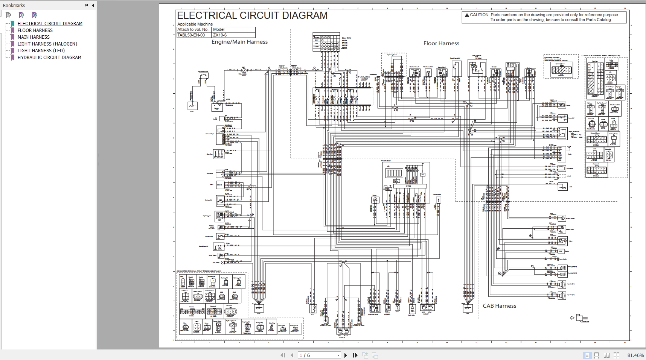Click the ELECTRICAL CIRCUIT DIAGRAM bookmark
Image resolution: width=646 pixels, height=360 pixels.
(x=50, y=24)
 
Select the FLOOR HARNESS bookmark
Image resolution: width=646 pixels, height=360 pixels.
(x=35, y=30)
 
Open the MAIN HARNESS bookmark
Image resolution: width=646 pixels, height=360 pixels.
(x=34, y=37)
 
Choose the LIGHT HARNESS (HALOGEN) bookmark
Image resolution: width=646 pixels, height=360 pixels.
(x=47, y=44)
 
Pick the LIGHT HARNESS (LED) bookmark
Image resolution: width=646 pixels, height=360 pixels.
(x=41, y=51)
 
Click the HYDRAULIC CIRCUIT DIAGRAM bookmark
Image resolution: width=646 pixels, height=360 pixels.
(x=49, y=58)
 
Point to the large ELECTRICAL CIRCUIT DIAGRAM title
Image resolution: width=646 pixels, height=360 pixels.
(x=252, y=15)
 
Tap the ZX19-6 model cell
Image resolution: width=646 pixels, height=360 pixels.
(x=220, y=35)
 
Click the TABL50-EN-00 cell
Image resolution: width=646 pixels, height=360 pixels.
(x=191, y=35)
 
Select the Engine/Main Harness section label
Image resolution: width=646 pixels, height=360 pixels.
(x=239, y=42)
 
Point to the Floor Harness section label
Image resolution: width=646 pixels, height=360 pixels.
(x=441, y=43)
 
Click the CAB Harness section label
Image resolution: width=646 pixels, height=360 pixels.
(x=499, y=306)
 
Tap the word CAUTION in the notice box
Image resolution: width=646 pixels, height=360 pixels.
(x=479, y=15)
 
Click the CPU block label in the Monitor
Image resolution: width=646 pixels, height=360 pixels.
(x=408, y=186)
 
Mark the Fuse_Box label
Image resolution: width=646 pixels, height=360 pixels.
(x=364, y=77)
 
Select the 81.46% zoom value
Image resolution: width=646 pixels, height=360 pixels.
(x=635, y=355)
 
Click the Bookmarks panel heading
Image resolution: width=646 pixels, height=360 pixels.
(x=14, y=5)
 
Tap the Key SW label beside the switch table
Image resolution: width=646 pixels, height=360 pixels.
(x=346, y=38)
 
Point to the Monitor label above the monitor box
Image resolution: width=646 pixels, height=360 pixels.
(x=385, y=161)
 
